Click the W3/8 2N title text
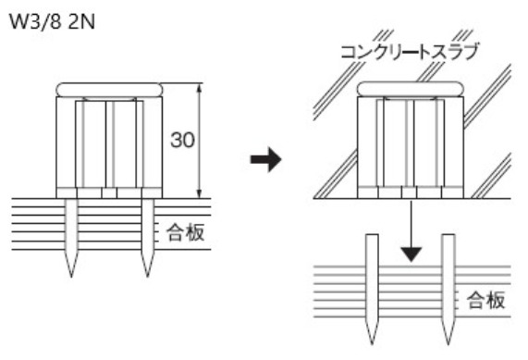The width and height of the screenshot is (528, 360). [53, 22]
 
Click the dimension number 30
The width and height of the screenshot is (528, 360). [182, 140]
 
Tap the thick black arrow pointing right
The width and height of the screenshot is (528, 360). [265, 159]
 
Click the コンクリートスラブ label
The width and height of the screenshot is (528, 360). [410, 52]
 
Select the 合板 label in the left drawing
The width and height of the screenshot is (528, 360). [186, 232]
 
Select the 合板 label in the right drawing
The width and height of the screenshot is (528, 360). [485, 300]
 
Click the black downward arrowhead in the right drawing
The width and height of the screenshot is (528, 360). [411, 254]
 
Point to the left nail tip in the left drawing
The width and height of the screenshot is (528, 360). [71, 277]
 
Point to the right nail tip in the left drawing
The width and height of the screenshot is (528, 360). [148, 277]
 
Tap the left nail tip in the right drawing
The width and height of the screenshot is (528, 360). [372, 344]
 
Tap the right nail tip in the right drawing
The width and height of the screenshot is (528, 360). [448, 344]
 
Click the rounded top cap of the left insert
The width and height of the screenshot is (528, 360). [109, 90]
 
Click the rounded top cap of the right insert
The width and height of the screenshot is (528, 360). [411, 89]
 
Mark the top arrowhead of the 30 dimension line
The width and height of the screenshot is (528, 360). [200, 87]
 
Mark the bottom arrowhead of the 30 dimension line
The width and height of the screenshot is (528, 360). [200, 195]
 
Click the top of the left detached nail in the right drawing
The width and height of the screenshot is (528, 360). [372, 235]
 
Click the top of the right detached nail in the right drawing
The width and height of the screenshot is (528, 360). [448, 235]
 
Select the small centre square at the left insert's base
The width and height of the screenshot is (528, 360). [109, 192]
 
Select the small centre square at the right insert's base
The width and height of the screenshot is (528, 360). [409, 192]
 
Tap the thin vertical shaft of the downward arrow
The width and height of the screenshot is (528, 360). [411, 223]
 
